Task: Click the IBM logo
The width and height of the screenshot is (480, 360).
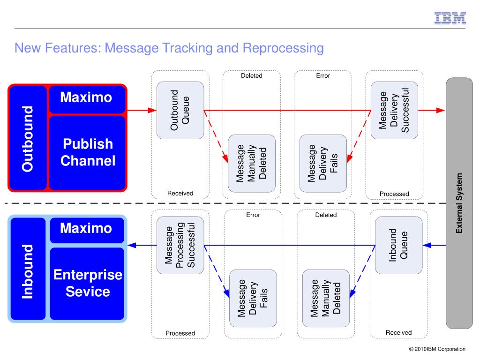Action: [x=450, y=18]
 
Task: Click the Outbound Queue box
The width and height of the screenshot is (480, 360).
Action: [x=180, y=110]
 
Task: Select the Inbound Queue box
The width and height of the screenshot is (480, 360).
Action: [x=398, y=245]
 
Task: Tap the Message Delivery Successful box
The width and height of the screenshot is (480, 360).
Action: [x=394, y=110]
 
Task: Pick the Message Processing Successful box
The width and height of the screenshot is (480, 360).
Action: [x=180, y=245]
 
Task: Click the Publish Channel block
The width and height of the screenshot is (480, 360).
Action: [x=88, y=153]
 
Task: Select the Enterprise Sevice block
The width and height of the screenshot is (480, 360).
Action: [x=87, y=284]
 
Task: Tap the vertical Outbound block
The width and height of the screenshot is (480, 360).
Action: [x=28, y=138]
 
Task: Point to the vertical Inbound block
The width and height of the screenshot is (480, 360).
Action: [x=28, y=269]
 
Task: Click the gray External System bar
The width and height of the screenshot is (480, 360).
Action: [x=459, y=203]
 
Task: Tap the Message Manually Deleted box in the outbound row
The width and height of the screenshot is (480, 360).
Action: [x=252, y=164]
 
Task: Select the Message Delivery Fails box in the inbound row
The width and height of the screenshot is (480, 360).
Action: [x=253, y=299]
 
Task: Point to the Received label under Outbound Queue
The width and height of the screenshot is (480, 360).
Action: [x=180, y=193]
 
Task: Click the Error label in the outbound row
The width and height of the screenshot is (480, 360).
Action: [x=323, y=75]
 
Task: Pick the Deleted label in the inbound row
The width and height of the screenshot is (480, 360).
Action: [x=326, y=215]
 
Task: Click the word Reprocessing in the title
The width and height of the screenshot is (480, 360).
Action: [x=283, y=48]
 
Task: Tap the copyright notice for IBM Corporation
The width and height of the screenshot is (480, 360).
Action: [x=437, y=349]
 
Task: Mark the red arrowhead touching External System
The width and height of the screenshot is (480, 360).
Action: [x=441, y=110]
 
